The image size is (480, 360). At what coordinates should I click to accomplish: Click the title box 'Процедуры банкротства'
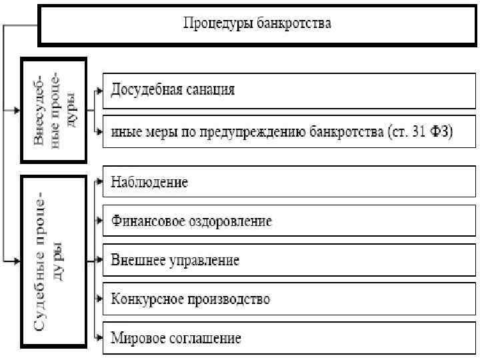257,25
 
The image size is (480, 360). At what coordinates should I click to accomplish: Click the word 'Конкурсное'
141,298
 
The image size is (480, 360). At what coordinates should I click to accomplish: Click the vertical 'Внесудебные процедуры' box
54,110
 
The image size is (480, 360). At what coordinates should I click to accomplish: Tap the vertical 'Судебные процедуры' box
54,261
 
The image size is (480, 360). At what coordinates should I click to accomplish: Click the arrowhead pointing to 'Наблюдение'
99,182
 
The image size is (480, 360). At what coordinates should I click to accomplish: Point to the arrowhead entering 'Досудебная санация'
99,89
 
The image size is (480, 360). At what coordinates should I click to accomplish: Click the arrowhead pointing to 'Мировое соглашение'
99,337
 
